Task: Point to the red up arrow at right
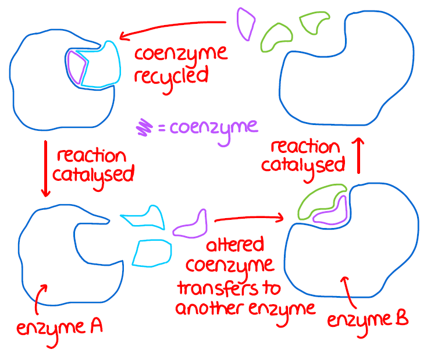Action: pos(360,156)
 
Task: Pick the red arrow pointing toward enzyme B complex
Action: pos(249,219)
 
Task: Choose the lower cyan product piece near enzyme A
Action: pos(152,252)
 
